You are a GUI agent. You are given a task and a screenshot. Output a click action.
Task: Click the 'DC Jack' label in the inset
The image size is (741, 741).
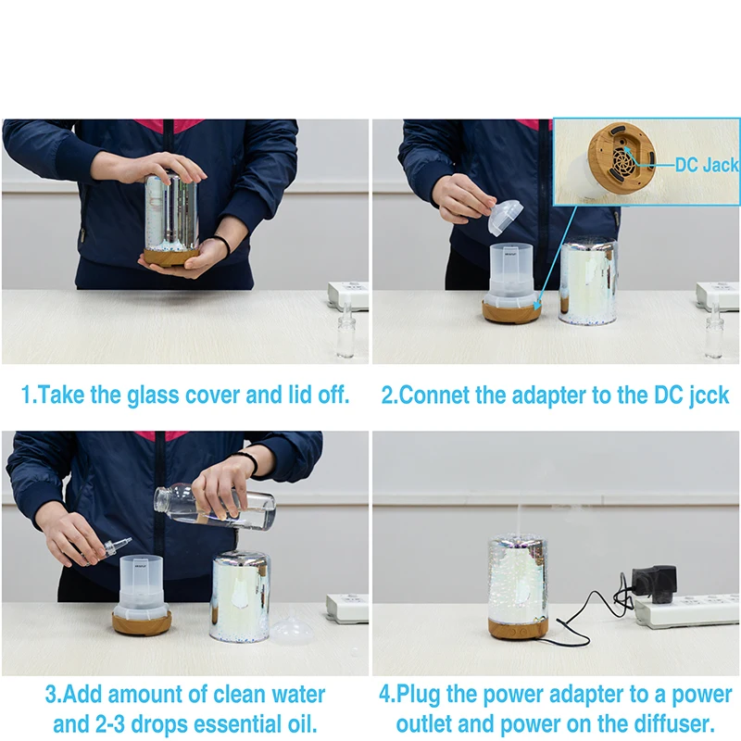coord(707,165)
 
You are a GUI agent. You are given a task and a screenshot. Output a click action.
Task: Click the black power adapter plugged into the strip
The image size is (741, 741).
coord(654,581)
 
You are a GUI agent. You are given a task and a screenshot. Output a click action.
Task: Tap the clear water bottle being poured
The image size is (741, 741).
coord(215,506)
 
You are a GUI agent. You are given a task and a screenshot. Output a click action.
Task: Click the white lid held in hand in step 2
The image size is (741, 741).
coord(505,218)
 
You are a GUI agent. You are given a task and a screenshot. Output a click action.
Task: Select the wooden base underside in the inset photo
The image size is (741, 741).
coord(622,157)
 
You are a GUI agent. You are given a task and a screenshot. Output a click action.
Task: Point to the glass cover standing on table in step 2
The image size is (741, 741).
coord(588,283)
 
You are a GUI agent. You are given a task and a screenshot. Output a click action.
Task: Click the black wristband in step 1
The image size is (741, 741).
coord(223,244)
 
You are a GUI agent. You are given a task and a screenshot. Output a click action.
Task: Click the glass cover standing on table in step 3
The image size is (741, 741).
coord(240,597)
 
